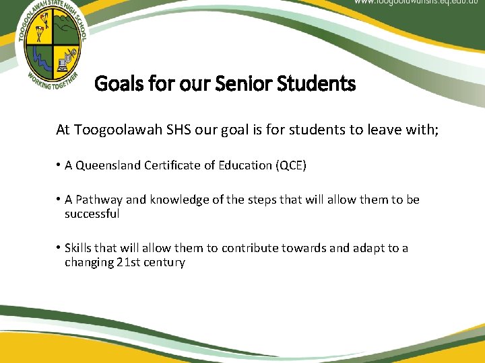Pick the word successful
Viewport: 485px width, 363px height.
click(x=92, y=214)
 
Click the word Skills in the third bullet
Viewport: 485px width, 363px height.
click(x=78, y=249)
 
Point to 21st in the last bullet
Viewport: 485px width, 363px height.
click(x=112, y=263)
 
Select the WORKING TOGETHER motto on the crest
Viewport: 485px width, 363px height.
click(x=53, y=85)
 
